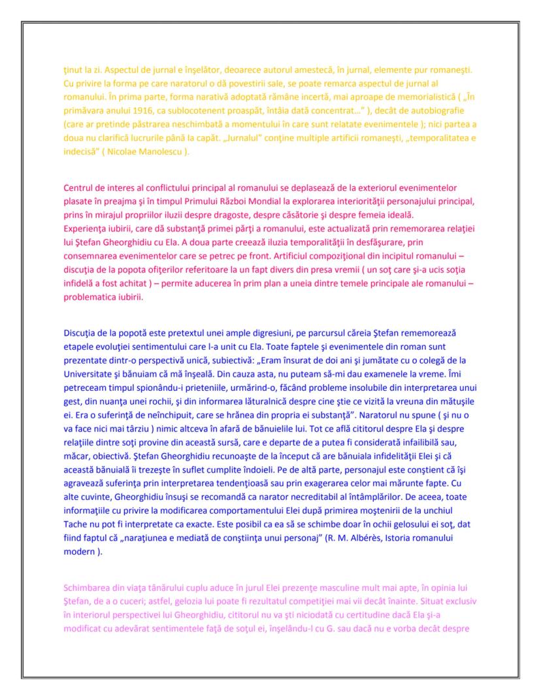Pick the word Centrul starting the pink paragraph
point(80,188)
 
